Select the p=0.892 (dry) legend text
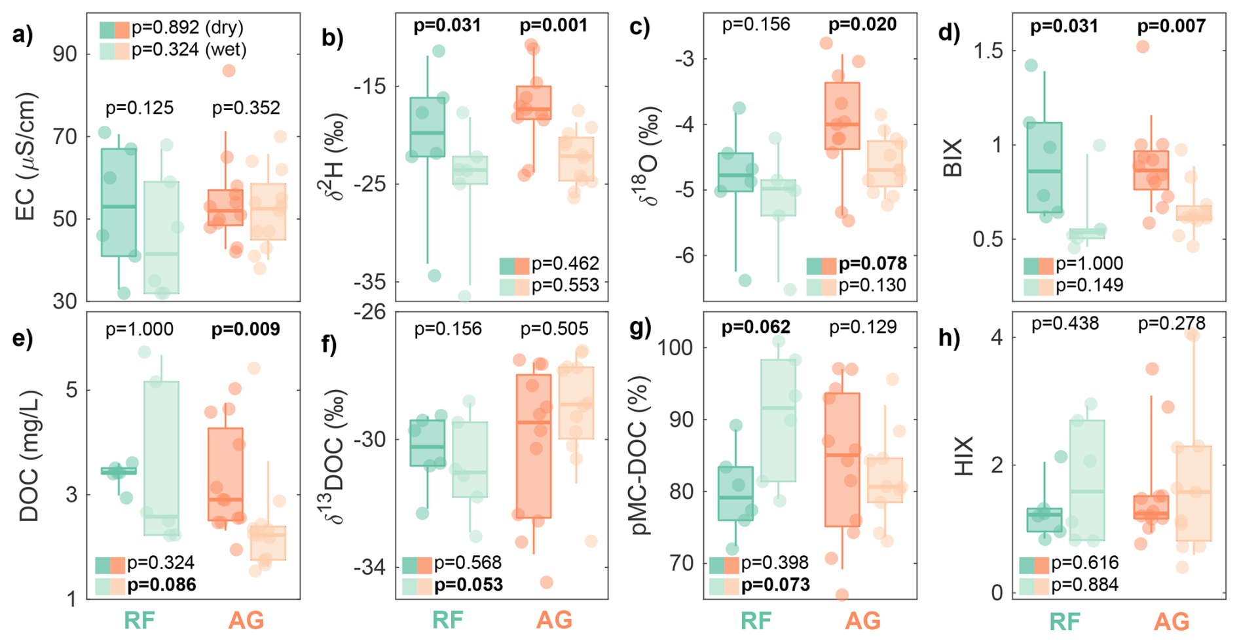pyautogui.click(x=187, y=28)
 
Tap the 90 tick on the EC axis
pyautogui.click(x=65, y=54)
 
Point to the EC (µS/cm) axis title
pyautogui.click(x=26, y=157)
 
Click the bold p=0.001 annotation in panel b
pyautogui.click(x=553, y=26)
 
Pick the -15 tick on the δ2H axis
pyautogui.click(x=370, y=87)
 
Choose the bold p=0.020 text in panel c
pyautogui.click(x=862, y=25)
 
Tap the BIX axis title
pyautogui.click(x=953, y=157)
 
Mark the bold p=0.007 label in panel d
pyautogui.click(x=1171, y=26)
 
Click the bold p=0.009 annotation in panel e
pyautogui.click(x=246, y=329)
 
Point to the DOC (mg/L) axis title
pyautogui.click(x=29, y=456)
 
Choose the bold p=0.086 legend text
pyautogui.click(x=162, y=585)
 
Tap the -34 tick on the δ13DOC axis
pyautogui.click(x=370, y=568)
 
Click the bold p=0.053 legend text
pyautogui.click(x=469, y=585)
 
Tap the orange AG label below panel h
pyautogui.click(x=1171, y=621)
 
